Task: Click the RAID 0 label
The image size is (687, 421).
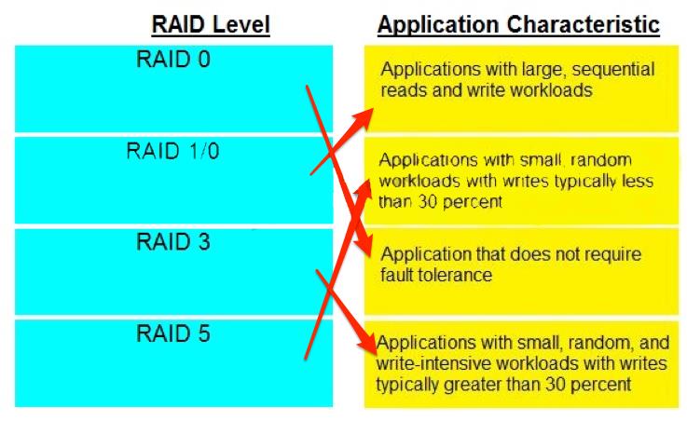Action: (173, 59)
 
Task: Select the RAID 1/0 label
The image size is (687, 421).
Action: (172, 151)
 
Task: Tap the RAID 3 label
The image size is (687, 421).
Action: (173, 242)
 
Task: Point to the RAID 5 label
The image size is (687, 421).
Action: (173, 333)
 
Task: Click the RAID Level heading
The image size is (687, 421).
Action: (211, 24)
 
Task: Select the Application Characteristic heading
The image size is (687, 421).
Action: (519, 24)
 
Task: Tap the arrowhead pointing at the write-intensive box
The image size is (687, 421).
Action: (368, 344)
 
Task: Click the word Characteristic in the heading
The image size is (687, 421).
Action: (584, 24)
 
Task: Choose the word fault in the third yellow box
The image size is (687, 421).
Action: (397, 276)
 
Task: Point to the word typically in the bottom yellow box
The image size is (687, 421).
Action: (407, 386)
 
